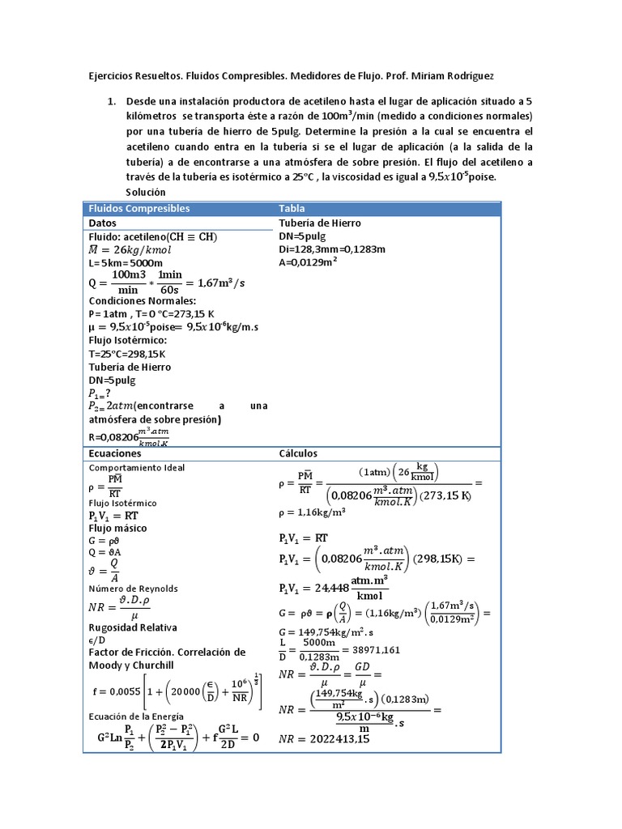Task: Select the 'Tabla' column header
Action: (x=292, y=209)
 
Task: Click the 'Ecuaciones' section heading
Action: (x=114, y=453)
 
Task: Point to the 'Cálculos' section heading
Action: (x=298, y=453)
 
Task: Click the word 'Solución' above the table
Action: (x=146, y=192)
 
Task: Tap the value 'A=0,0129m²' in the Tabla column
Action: (x=308, y=261)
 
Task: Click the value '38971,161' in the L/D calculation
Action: (x=377, y=649)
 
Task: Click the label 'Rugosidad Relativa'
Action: (x=133, y=627)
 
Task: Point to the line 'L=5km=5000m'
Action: (x=126, y=263)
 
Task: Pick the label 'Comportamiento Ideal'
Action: (x=136, y=468)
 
